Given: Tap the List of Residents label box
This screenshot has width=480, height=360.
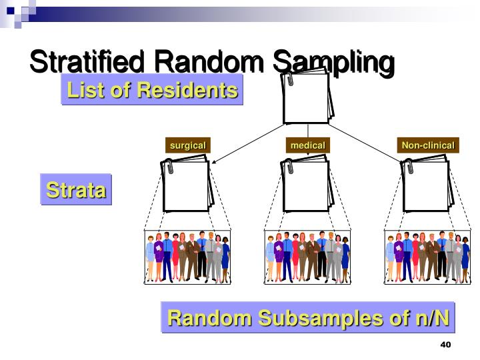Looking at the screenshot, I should (152, 90).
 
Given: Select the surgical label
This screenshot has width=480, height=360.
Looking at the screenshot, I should (188, 145).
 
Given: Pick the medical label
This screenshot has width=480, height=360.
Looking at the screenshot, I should (307, 145).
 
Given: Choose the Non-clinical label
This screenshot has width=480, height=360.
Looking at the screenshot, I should (427, 145).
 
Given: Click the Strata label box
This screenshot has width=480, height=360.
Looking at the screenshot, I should (76, 190).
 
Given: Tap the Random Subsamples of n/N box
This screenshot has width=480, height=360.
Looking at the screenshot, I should (308, 317).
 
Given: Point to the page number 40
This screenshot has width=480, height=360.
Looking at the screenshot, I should (446, 345).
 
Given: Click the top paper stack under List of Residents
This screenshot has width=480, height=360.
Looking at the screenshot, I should (307, 97).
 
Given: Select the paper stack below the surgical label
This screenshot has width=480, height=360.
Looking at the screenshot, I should (188, 185).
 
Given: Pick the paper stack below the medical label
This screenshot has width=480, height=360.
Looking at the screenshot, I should (307, 185).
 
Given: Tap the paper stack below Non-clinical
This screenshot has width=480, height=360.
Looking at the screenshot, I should (427, 185).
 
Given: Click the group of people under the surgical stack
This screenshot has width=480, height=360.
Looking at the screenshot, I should (188, 257).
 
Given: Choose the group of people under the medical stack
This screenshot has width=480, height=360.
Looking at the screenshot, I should (307, 257).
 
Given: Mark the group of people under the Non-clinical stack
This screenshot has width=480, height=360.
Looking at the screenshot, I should (427, 257).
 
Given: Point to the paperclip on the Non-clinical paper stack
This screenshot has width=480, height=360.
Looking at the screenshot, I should (409, 167).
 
